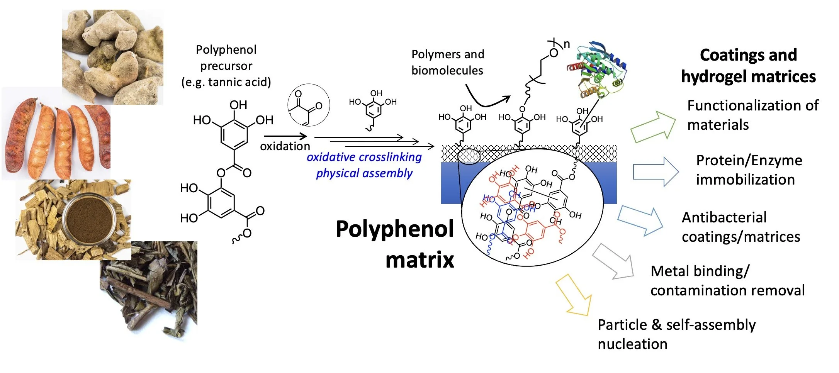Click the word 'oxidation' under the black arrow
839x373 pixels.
(285, 146)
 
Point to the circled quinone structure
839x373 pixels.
(309, 105)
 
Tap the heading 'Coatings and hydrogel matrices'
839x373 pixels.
(748, 66)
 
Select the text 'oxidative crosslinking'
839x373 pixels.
(364, 157)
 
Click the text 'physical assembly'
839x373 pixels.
(364, 173)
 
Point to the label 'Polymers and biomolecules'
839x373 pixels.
(448, 62)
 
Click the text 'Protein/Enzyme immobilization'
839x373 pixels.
(749, 170)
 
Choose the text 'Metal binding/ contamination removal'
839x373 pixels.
(727, 281)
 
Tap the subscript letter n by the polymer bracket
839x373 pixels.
(567, 44)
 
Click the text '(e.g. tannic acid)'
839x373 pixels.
(226, 82)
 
